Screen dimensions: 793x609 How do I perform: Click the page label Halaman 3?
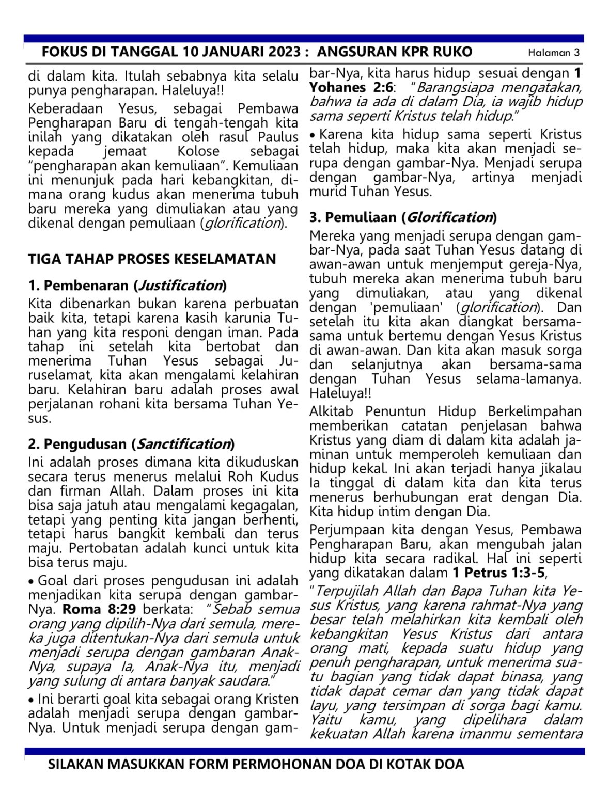point(554,53)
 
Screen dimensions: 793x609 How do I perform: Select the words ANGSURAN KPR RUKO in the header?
point(395,52)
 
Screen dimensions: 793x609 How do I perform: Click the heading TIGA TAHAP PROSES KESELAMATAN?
point(152,259)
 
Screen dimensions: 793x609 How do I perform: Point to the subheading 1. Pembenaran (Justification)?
point(127,286)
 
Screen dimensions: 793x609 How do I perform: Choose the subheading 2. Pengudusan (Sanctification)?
point(131,444)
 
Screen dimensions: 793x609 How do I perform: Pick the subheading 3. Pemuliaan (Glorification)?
point(403,217)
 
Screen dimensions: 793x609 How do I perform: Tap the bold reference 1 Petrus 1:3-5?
point(498,573)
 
